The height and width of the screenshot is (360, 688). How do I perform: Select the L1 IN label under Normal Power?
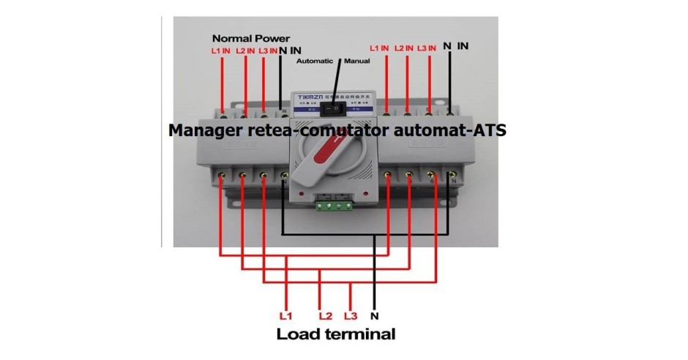(221, 51)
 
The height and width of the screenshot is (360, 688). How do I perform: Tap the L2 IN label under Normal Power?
(245, 51)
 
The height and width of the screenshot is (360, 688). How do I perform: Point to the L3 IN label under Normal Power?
(268, 51)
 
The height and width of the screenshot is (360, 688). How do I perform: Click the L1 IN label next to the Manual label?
(379, 48)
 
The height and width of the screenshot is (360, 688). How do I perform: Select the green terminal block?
(335, 206)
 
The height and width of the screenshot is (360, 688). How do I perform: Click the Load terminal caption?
(336, 334)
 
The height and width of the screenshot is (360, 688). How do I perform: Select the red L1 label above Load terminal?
(285, 317)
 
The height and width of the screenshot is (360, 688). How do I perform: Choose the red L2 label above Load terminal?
(326, 317)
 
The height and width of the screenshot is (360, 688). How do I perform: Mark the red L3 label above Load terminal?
(350, 317)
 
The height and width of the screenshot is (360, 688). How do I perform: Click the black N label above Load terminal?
(374, 317)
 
